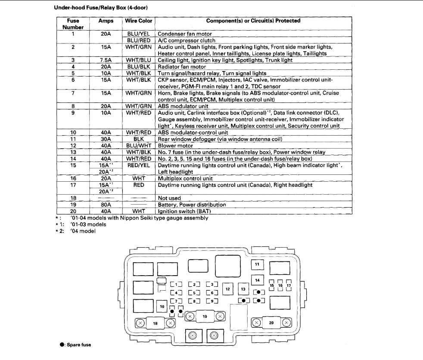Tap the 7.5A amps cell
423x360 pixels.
coord(105,60)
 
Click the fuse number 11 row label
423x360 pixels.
coord(73,139)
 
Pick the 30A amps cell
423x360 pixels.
coord(105,139)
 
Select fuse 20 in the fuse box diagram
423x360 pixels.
coord(271,323)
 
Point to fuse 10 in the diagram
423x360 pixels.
coord(162,306)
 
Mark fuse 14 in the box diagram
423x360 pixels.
coord(257,280)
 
